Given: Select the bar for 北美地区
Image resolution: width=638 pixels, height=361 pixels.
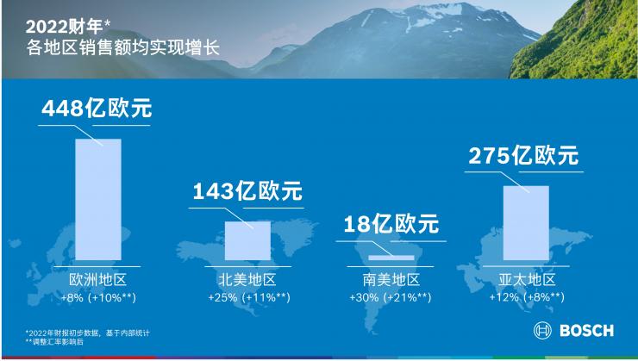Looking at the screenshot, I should (247, 241).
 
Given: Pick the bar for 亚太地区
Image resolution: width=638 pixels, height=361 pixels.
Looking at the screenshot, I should (525, 222).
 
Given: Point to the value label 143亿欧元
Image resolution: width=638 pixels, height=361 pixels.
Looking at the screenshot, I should (247, 191).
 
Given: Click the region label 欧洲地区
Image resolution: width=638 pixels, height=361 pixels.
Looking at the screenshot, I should (97, 280).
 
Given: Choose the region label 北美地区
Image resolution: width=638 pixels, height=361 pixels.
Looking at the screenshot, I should (247, 280).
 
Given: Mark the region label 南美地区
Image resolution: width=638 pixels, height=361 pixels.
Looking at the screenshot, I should (391, 280).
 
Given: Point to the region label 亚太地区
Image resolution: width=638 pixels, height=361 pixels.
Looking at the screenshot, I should (527, 280).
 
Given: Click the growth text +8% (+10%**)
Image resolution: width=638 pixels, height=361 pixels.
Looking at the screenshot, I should (98, 297).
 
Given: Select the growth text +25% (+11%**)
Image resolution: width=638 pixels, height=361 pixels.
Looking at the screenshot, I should (248, 297).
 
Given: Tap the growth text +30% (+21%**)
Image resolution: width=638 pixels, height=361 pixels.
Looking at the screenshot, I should (392, 297).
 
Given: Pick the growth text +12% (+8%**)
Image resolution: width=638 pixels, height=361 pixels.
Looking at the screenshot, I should (527, 297).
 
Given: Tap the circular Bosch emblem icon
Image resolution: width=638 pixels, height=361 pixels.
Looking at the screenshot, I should (543, 331).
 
